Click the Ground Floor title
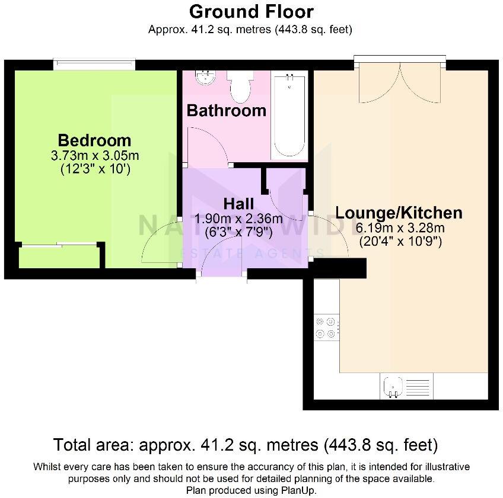point(251,11)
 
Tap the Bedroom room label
point(94,141)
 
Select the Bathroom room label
point(226,111)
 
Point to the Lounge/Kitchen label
point(399,213)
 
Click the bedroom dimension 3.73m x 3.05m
point(95,156)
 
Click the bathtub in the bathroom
point(289,115)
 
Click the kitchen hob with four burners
point(326,326)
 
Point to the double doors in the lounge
point(400,83)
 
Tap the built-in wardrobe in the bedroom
point(59,256)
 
